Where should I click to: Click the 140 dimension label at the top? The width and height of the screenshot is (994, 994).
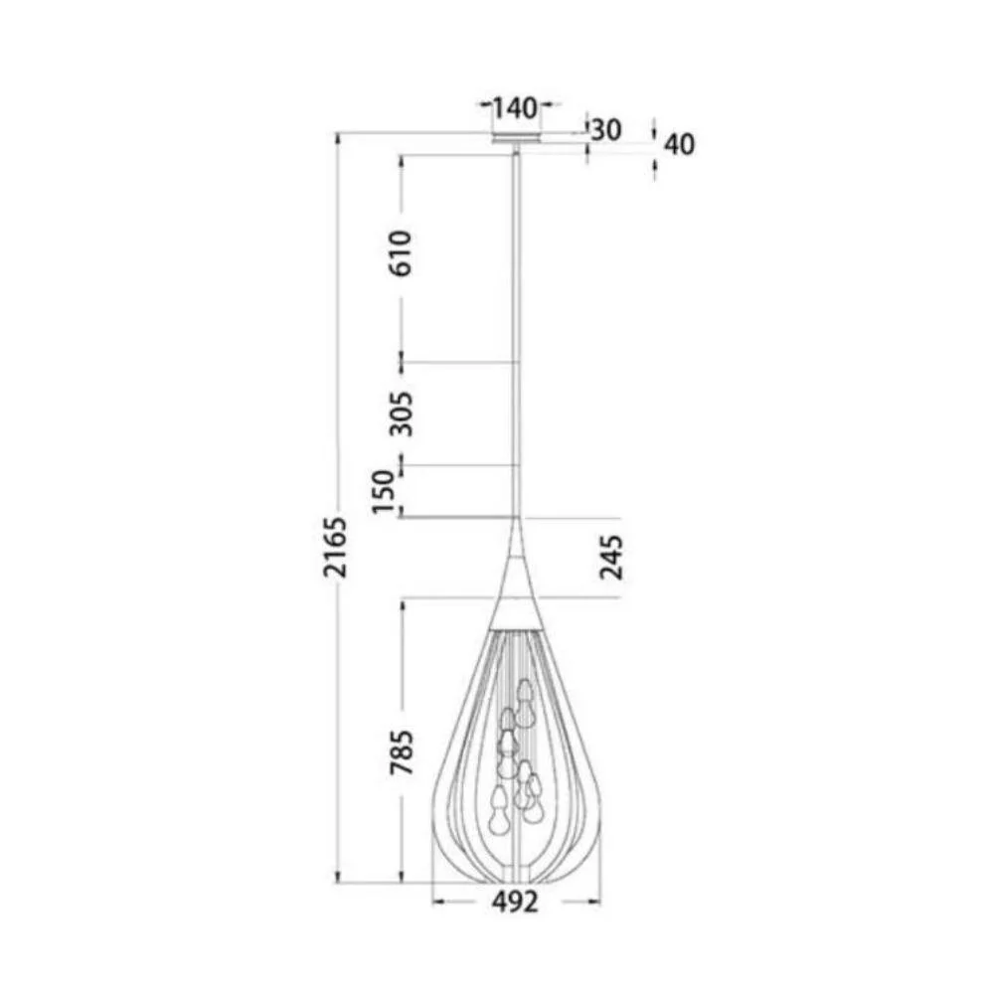coord(515,106)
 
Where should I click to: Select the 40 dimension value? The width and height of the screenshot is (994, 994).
coord(679,144)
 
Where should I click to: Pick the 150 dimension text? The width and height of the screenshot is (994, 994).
coord(386,493)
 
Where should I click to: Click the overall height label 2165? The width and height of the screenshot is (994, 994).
coord(337,547)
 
